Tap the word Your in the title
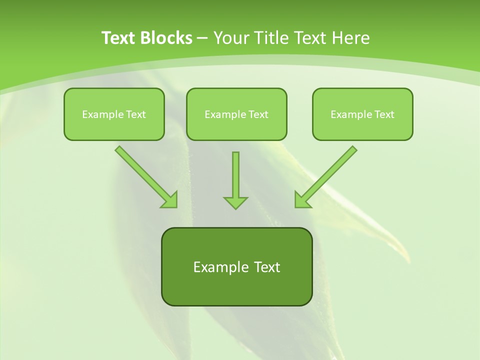231,38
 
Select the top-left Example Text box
114,114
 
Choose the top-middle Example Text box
236,114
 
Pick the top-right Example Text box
362,114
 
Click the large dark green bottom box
236,287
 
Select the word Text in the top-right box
384,114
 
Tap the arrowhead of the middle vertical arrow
235,202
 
